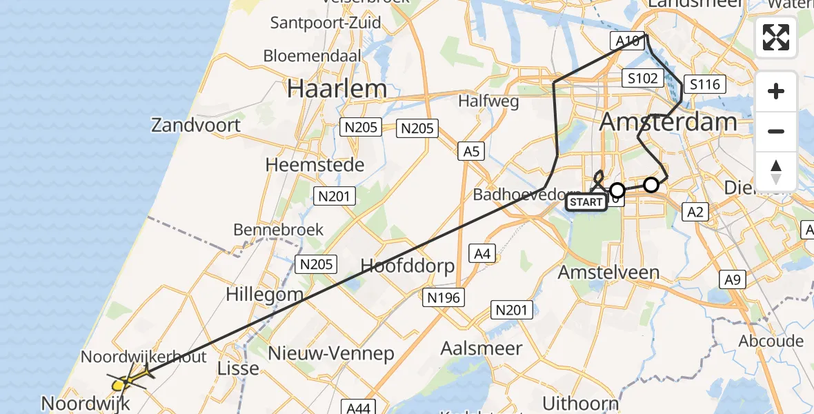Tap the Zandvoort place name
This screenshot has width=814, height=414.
pyautogui.click(x=197, y=125)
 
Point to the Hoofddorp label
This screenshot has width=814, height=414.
pyautogui.click(x=408, y=266)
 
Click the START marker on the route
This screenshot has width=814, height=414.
pyautogui.click(x=586, y=202)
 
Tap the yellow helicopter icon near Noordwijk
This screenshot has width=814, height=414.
pyautogui.click(x=127, y=379)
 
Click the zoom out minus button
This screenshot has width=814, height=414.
pyautogui.click(x=776, y=131)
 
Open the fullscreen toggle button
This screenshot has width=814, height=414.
pyautogui.click(x=776, y=37)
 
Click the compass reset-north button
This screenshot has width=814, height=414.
pyautogui.click(x=776, y=171)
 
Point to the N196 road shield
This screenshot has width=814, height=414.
pyautogui.click(x=442, y=297)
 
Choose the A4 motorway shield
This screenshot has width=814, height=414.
pyautogui.click(x=482, y=255)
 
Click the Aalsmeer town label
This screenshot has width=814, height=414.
pyautogui.click(x=482, y=348)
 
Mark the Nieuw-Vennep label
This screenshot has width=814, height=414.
pyautogui.click(x=331, y=354)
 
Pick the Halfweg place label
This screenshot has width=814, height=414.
pyautogui.click(x=488, y=101)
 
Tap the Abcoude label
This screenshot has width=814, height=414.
pyautogui.click(x=771, y=341)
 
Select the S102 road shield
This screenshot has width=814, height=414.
pyautogui.click(x=642, y=78)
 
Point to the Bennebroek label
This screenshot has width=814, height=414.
pyautogui.click(x=279, y=229)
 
